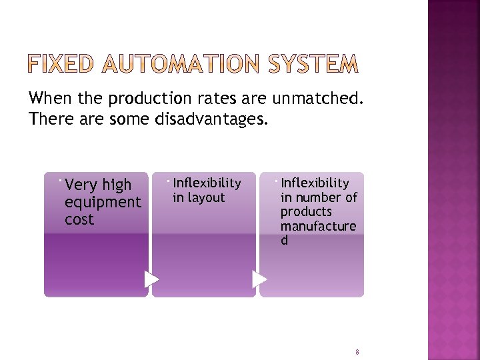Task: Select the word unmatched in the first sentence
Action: point(319,99)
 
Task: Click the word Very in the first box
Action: point(80,185)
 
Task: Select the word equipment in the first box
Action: point(103,203)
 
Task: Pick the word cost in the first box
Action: point(79,219)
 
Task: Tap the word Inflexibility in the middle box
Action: point(207,183)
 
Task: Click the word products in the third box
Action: point(306,211)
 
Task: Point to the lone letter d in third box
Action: point(285,240)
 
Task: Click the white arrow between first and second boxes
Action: point(152,279)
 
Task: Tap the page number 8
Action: point(357,352)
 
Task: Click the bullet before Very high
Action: point(60,181)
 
